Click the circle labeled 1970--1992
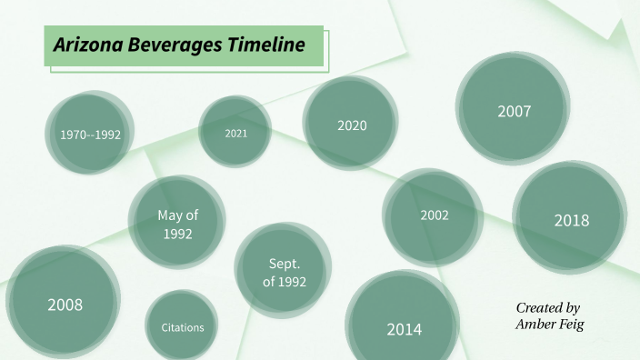(90, 134)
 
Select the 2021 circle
(235, 132)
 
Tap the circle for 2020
(351, 125)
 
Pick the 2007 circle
(514, 111)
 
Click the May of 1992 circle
(177, 224)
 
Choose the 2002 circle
(434, 215)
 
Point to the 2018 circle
(571, 219)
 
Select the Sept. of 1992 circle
(284, 272)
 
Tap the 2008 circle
(65, 304)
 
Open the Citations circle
(183, 326)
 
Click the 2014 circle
(404, 328)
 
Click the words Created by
(547, 308)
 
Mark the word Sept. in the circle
(285, 263)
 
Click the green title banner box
(184, 45)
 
